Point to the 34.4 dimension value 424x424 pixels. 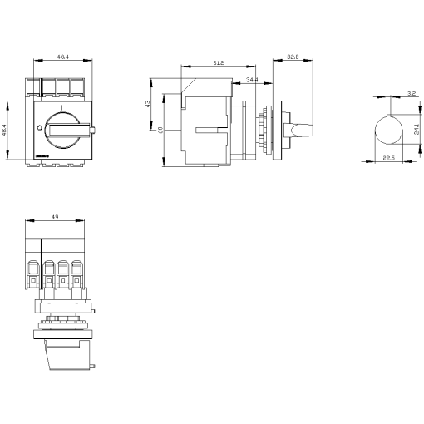click(251, 80)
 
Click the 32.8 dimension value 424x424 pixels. click(292, 57)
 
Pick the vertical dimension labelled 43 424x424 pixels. click(149, 104)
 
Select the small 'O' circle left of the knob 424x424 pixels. click(38, 127)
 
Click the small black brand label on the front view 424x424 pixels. click(44, 155)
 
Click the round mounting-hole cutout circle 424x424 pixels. click(387, 131)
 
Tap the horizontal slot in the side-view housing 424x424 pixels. click(212, 129)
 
